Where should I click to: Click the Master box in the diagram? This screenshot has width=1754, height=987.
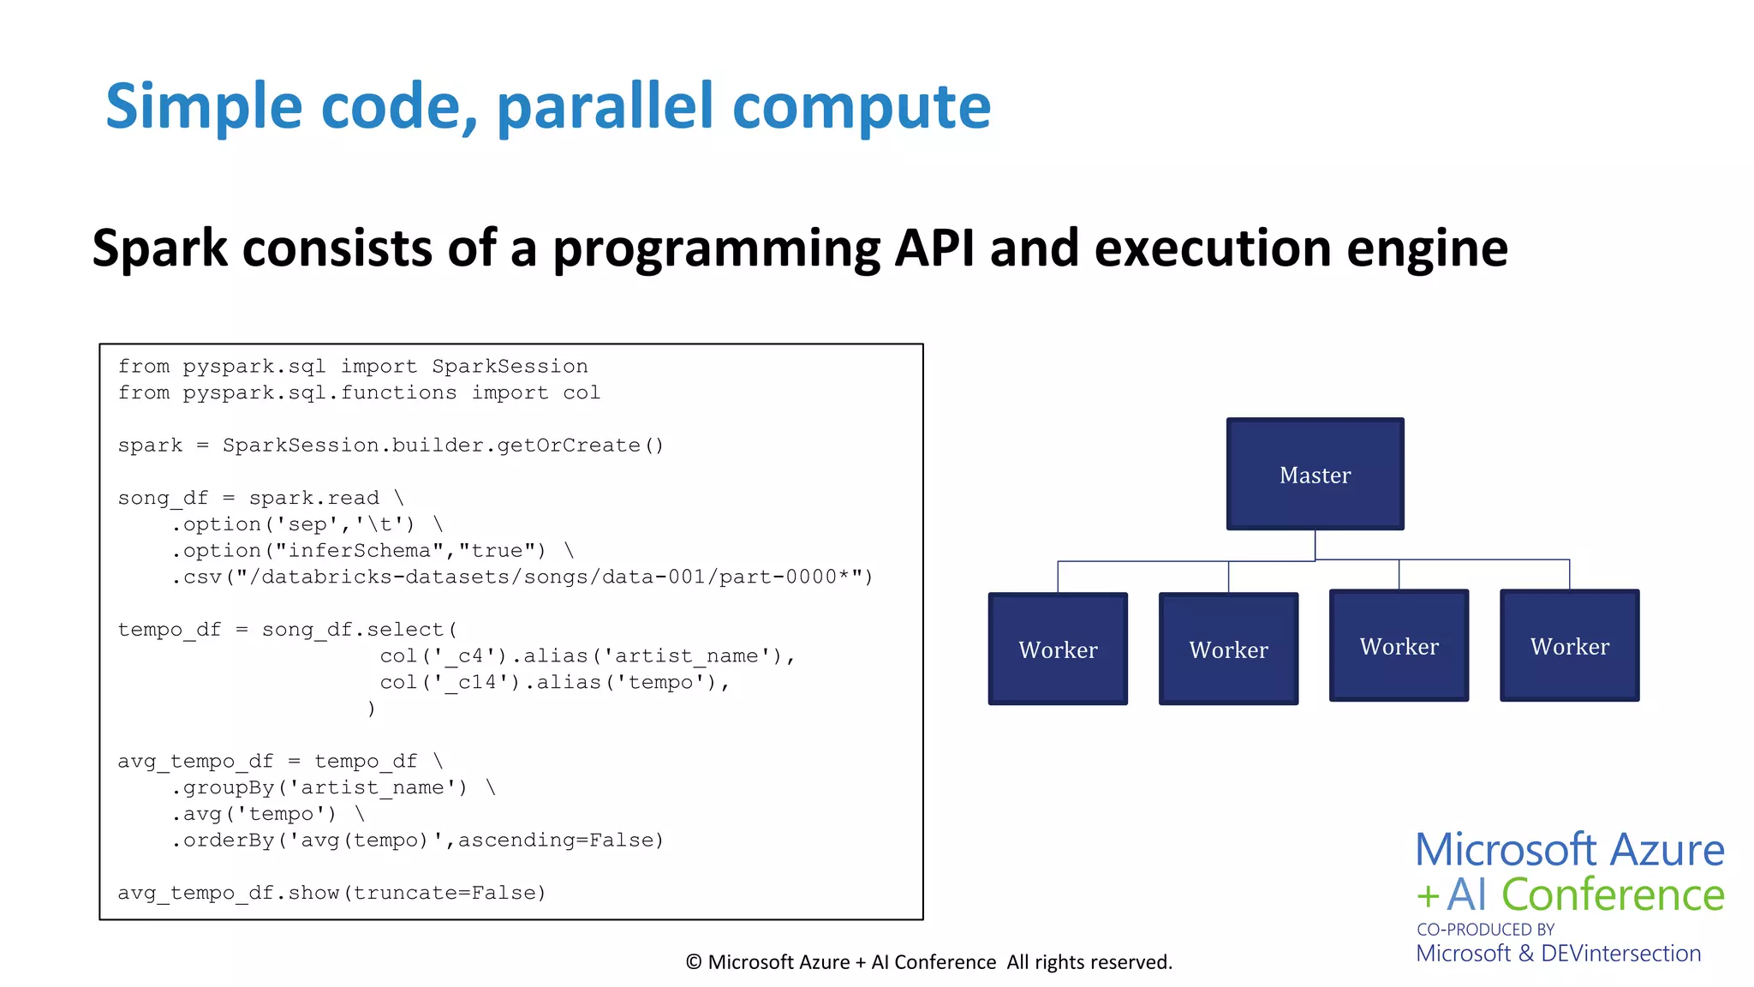click(x=1315, y=474)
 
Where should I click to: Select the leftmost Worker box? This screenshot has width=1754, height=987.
click(x=1058, y=649)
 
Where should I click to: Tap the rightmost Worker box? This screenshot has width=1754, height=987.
click(x=1569, y=645)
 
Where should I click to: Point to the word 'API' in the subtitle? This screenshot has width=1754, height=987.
click(x=934, y=248)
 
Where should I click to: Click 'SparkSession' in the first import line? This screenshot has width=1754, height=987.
click(x=510, y=367)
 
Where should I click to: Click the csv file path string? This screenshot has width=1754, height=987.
click(x=548, y=577)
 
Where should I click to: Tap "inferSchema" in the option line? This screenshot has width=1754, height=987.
click(x=359, y=551)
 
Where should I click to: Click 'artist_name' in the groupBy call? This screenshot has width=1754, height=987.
click(x=373, y=788)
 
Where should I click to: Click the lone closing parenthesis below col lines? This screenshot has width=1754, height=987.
click(x=371, y=709)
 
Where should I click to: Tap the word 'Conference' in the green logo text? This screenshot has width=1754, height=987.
click(x=1613, y=895)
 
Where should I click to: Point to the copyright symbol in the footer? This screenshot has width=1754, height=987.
click(x=694, y=963)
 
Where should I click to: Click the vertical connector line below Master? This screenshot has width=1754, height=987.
click(x=1315, y=544)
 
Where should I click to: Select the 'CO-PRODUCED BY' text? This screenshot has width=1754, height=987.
click(x=1485, y=930)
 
